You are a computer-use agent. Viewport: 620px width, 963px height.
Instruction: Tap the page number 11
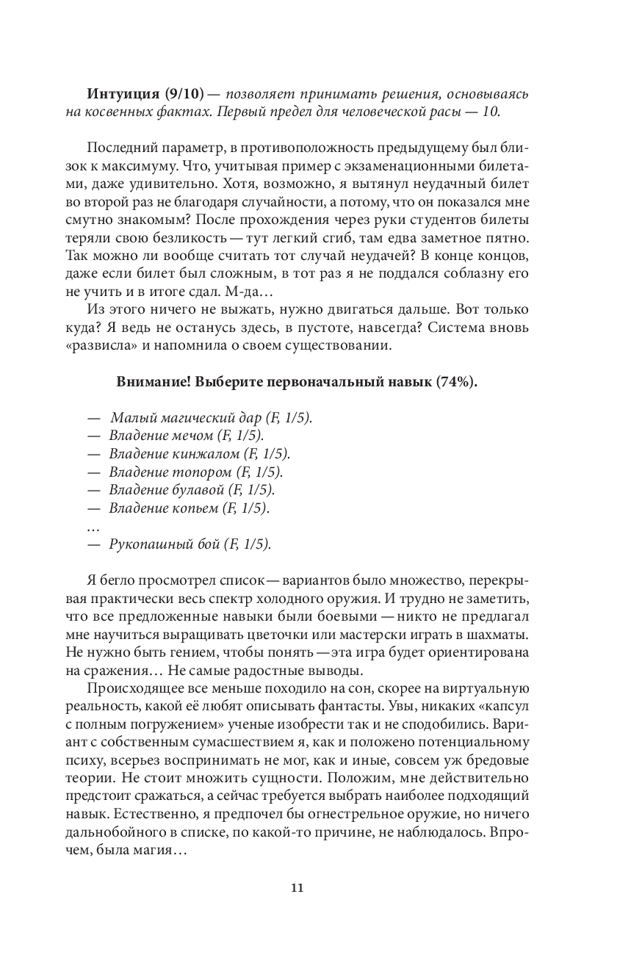tap(297, 887)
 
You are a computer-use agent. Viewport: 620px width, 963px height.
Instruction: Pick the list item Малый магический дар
tap(210, 418)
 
